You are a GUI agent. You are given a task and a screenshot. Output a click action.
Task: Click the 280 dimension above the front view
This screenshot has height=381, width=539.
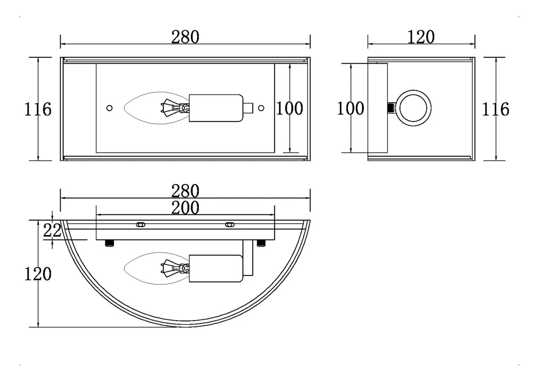[x=185, y=37]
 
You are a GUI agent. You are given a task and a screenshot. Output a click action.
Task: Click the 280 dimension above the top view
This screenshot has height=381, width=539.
[x=185, y=191]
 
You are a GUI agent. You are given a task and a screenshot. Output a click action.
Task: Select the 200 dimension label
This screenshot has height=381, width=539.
[x=185, y=208]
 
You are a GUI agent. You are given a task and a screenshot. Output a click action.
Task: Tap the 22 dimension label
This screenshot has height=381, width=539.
[x=52, y=230]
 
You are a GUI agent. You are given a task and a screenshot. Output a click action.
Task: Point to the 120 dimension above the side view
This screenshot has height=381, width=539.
[x=421, y=37]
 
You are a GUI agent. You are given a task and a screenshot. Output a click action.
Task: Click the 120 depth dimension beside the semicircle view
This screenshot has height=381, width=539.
[x=38, y=274]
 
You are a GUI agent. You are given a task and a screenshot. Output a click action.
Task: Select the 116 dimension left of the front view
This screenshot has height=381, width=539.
[x=38, y=109]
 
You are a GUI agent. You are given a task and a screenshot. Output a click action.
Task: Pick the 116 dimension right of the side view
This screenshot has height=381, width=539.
[x=496, y=109]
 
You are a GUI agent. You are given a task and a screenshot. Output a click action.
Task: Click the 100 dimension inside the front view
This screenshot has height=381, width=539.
[x=289, y=108]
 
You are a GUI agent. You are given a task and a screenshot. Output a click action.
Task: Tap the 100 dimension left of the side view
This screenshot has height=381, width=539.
[x=350, y=108]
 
